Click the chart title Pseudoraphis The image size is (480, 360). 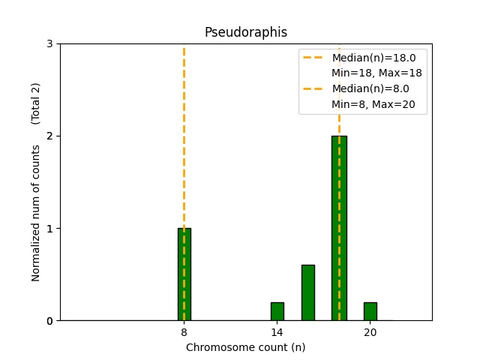(246, 33)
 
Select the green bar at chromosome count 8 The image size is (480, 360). (184, 274)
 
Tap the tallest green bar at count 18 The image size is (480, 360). (339, 228)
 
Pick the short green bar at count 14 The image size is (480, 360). (277, 311)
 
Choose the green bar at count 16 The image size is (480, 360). (308, 292)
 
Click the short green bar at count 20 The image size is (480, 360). (370, 311)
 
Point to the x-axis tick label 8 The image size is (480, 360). (184, 332)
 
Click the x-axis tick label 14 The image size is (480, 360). (277, 332)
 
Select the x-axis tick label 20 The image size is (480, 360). (370, 332)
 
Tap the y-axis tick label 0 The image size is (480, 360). (50, 321)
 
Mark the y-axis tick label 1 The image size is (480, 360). (50, 229)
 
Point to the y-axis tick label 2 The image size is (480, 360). (50, 136)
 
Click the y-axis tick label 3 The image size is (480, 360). (50, 44)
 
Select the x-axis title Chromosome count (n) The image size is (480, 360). (246, 347)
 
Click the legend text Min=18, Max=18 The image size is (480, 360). (376, 73)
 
